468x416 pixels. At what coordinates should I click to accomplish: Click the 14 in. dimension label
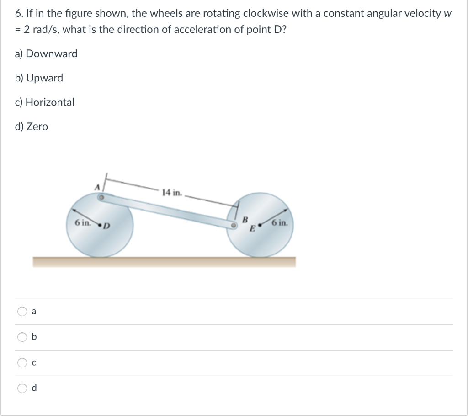[x=172, y=193]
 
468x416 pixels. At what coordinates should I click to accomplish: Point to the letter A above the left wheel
[x=96, y=188]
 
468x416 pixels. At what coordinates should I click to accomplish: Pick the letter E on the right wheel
[x=252, y=229]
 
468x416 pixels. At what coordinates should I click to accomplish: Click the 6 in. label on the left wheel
[x=83, y=223]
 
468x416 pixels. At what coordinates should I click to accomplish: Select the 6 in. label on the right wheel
[x=279, y=223]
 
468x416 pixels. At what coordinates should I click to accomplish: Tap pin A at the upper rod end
[x=101, y=198]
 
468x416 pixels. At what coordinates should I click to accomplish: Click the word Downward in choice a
[x=52, y=54]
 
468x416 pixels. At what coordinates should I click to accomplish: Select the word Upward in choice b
[x=45, y=78]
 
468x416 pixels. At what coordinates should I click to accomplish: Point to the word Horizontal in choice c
[x=50, y=102]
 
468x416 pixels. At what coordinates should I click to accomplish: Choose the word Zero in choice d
[x=37, y=126]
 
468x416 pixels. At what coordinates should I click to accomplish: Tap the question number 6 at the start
[x=17, y=13]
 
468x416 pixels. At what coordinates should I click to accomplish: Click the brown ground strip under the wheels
[x=164, y=262]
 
